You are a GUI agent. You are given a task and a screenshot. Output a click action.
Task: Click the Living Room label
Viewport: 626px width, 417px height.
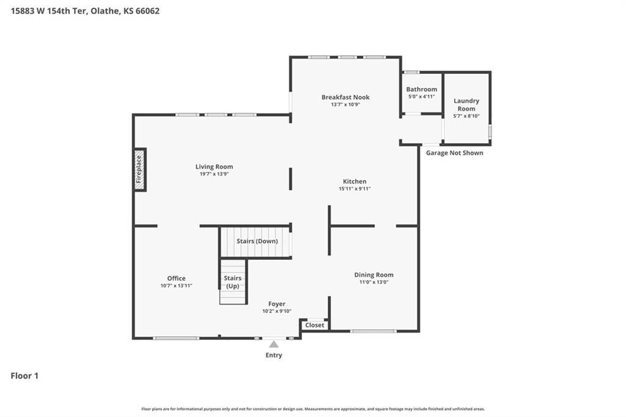[x=214, y=166]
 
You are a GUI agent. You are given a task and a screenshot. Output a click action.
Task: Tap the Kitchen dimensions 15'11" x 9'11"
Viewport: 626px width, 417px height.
[x=355, y=188]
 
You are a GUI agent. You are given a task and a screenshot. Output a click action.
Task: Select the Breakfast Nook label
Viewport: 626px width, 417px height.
[x=345, y=97]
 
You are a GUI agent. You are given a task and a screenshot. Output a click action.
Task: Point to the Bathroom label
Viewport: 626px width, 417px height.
[x=422, y=89]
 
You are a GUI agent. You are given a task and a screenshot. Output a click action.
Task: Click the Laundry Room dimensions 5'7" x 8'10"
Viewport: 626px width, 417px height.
[x=466, y=116]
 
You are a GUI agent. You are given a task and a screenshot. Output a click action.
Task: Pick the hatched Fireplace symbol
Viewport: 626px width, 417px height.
[x=139, y=169]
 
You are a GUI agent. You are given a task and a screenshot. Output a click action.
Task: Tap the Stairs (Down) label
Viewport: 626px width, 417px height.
[x=257, y=242]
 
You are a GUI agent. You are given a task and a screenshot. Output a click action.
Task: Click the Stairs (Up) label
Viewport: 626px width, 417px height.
[x=232, y=282]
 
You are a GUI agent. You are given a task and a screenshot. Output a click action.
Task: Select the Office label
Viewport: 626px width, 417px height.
[x=176, y=278]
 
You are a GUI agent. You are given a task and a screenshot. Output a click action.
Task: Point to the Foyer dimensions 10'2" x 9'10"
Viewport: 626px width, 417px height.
[x=277, y=311]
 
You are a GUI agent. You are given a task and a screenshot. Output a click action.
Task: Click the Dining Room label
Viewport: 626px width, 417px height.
[x=374, y=275]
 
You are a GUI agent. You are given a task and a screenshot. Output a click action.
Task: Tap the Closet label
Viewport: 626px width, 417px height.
[x=315, y=325]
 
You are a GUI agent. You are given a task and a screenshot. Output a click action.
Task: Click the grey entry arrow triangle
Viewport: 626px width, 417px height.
[x=273, y=344]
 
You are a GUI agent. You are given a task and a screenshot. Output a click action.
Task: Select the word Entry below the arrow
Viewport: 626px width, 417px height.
[x=273, y=355]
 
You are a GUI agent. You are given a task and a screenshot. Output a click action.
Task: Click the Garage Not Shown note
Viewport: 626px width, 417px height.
[x=454, y=153]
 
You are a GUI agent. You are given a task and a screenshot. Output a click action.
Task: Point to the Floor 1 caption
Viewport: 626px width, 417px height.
[x=24, y=376]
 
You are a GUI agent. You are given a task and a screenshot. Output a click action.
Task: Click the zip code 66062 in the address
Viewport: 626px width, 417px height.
[x=147, y=11]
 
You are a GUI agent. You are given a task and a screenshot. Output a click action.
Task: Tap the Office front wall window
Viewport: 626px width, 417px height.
[x=176, y=338]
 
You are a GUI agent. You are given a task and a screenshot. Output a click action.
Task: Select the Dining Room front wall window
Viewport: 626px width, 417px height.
[x=374, y=331]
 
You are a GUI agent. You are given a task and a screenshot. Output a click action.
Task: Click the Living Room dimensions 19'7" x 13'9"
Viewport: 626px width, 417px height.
[x=214, y=174]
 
